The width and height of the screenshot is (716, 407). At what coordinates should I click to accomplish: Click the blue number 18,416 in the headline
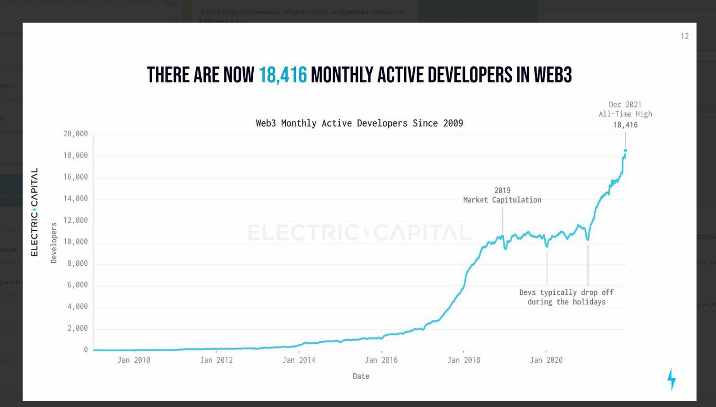(283, 75)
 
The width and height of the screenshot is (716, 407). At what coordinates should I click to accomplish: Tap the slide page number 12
(684, 36)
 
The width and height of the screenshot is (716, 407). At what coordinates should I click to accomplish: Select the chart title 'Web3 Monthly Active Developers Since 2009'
(359, 123)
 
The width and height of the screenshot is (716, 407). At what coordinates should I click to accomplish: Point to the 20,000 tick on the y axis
(76, 134)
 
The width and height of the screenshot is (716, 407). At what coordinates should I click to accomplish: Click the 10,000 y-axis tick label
(76, 242)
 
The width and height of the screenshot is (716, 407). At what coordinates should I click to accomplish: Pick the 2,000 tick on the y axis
(77, 328)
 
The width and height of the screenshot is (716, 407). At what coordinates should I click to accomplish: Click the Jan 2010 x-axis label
(134, 360)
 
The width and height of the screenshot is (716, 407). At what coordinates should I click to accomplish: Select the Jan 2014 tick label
(299, 360)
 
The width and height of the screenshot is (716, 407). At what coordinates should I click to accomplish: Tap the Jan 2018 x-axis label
(464, 360)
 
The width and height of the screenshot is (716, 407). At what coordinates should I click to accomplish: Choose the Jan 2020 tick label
(546, 360)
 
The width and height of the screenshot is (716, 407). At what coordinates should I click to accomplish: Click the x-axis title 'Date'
(361, 376)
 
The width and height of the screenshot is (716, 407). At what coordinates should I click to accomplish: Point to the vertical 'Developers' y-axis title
(54, 243)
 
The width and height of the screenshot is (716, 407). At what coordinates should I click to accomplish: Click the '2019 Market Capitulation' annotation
(502, 195)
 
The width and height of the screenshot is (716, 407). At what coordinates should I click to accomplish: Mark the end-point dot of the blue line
(625, 151)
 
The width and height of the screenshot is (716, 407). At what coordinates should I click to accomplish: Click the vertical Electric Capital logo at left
(35, 212)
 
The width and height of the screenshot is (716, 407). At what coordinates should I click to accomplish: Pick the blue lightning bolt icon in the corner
(671, 379)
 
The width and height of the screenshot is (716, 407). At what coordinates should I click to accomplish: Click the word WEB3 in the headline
(552, 75)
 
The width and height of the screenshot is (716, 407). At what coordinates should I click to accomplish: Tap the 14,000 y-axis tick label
(76, 198)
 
